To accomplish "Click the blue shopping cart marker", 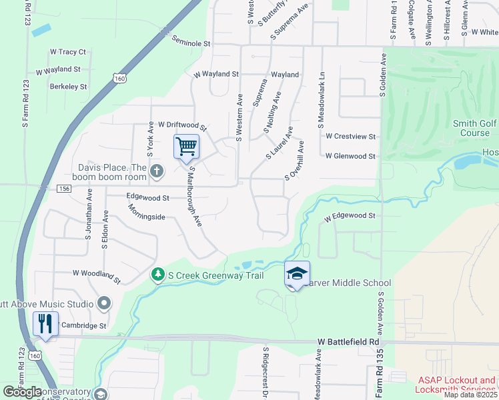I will click(187, 147).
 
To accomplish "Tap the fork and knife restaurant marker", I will click(45, 324).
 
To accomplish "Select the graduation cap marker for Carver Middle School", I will click(298, 274).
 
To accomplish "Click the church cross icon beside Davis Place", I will click(157, 172).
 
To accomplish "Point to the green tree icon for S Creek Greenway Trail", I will click(158, 275).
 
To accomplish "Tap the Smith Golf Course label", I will click(475, 127).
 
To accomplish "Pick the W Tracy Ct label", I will click(68, 51).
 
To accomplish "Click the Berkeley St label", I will click(69, 87).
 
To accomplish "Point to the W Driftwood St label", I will click(183, 125).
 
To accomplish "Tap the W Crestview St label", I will click(350, 136).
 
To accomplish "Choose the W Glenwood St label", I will click(350, 156).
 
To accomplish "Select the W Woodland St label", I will click(97, 276).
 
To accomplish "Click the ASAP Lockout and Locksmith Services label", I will click(456, 385).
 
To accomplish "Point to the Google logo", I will click(22, 391).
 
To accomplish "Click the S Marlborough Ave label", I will click(195, 197).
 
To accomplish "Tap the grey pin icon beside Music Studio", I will click(103, 304).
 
